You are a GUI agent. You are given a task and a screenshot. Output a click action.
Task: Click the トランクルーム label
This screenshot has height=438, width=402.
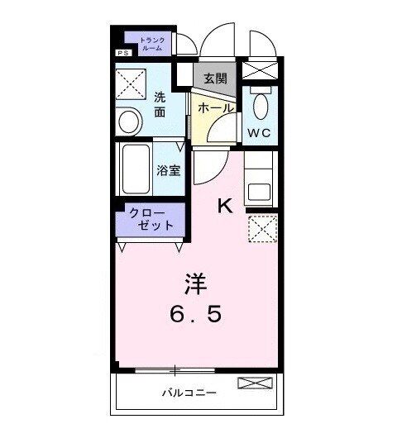(x=152, y=44)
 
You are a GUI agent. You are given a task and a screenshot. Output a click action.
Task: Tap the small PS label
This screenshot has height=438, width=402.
(x=122, y=54)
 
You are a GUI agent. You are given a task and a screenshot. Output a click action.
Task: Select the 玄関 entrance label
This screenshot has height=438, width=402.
(x=215, y=80)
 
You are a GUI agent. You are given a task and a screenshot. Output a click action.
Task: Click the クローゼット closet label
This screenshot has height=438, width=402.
(x=151, y=219)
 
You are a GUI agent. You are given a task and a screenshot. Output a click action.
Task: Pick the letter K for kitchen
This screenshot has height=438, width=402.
(x=225, y=207)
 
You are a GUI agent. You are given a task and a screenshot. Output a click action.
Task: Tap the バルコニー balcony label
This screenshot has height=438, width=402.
(x=189, y=393)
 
